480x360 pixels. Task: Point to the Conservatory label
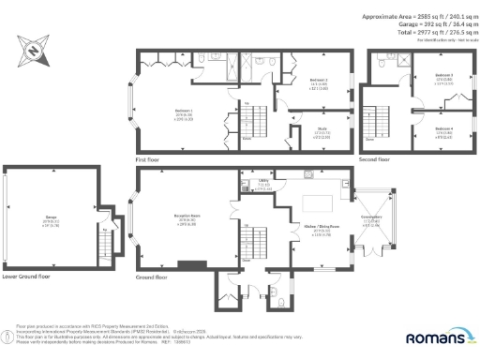(371, 220)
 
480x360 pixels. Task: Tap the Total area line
(419, 32)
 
